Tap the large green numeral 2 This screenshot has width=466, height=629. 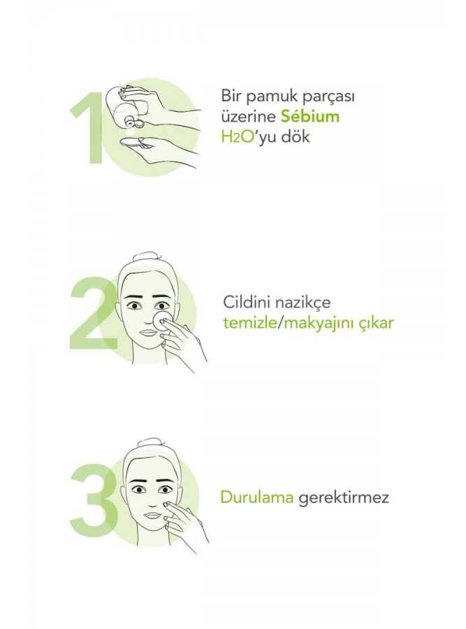(x=94, y=314)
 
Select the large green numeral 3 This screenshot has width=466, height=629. (x=94, y=498)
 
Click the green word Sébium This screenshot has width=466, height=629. (x=310, y=116)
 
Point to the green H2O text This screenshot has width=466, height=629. (x=238, y=137)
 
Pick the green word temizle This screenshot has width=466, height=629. (x=250, y=322)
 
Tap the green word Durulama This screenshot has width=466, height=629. (x=257, y=498)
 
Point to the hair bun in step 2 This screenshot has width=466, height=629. (x=148, y=258)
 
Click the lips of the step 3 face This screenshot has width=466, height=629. (x=152, y=515)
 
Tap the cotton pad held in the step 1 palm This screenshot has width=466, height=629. (x=131, y=143)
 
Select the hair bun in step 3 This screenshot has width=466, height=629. (x=149, y=444)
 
